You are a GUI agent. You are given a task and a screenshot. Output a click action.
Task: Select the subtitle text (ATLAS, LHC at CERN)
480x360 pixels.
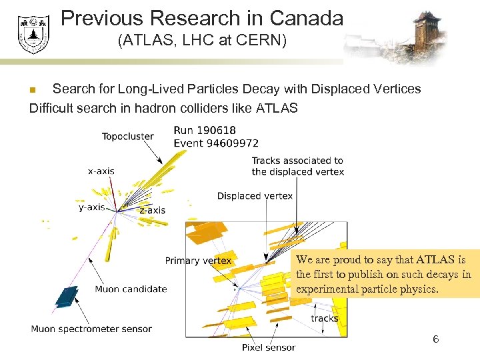202,41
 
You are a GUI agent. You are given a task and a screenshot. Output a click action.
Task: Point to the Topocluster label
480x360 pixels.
127,137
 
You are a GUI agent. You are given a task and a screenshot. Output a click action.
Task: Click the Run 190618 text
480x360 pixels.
205,131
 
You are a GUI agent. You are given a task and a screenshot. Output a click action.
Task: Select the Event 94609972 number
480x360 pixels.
216,143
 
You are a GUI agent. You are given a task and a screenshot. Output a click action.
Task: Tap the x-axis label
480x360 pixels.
101,171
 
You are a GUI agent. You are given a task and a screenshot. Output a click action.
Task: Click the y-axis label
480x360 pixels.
92,207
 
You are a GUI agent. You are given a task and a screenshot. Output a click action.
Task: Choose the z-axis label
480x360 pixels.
152,210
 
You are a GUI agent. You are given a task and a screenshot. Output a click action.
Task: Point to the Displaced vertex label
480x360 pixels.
255,196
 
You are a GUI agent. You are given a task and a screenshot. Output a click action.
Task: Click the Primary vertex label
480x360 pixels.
199,261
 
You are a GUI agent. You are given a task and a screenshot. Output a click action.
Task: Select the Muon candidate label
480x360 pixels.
131,289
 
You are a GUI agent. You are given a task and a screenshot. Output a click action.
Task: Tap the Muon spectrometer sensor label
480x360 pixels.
91,329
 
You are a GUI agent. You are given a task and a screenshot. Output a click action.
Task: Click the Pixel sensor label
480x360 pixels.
268,347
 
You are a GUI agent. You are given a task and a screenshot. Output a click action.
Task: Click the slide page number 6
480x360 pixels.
435,339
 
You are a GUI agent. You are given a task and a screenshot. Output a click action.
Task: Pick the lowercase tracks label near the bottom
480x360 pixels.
325,318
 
